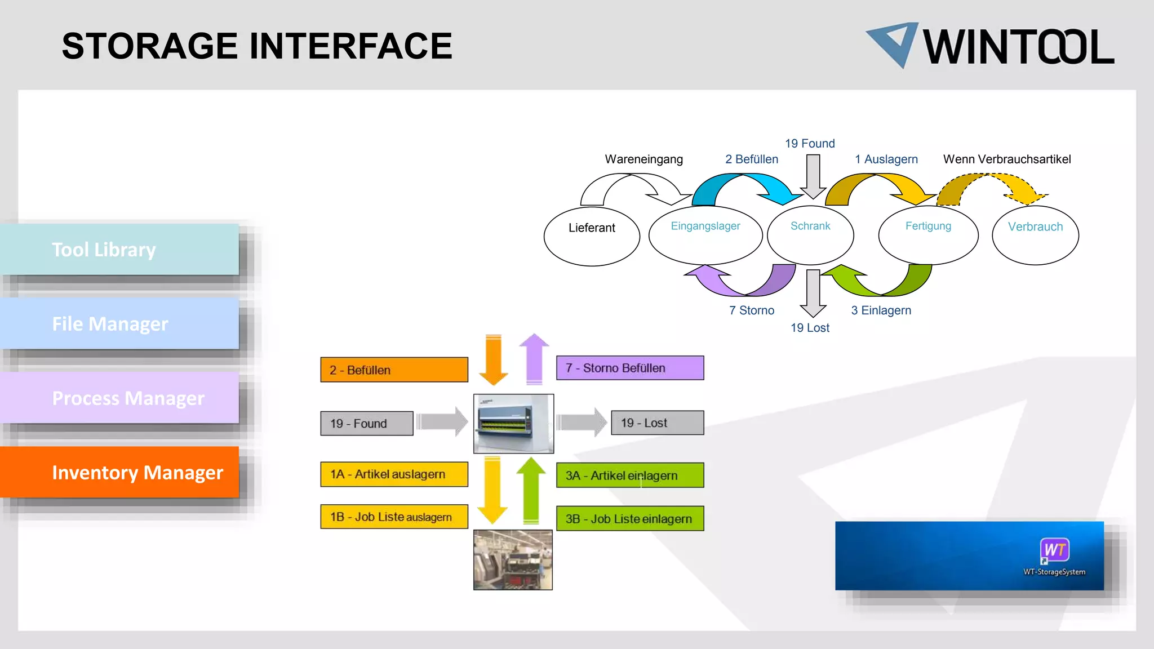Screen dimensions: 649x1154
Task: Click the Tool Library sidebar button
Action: coord(119,250)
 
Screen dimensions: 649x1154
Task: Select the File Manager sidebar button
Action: coord(119,324)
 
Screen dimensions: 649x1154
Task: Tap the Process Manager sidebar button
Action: coord(119,398)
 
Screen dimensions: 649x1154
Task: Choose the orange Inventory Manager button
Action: coord(119,472)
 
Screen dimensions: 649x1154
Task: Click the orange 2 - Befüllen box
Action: coord(394,370)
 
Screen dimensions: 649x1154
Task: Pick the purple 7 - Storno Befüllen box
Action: coord(630,368)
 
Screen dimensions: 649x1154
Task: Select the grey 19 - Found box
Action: coord(367,424)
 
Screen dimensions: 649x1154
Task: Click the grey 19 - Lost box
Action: coord(657,423)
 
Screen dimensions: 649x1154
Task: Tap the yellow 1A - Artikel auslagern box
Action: coord(394,474)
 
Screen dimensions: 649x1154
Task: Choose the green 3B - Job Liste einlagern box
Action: coord(630,519)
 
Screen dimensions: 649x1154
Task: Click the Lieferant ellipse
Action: coord(592,236)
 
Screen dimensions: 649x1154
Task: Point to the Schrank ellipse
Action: coord(810,235)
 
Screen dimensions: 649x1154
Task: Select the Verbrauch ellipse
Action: coord(1035,235)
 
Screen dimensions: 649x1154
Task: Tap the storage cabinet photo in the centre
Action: coord(513,424)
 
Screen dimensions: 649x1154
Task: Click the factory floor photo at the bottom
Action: coord(513,560)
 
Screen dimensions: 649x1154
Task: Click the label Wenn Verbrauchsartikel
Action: coord(1007,159)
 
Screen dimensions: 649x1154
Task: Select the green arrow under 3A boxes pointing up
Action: coord(531,490)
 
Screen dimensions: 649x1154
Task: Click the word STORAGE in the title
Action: coord(150,46)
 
